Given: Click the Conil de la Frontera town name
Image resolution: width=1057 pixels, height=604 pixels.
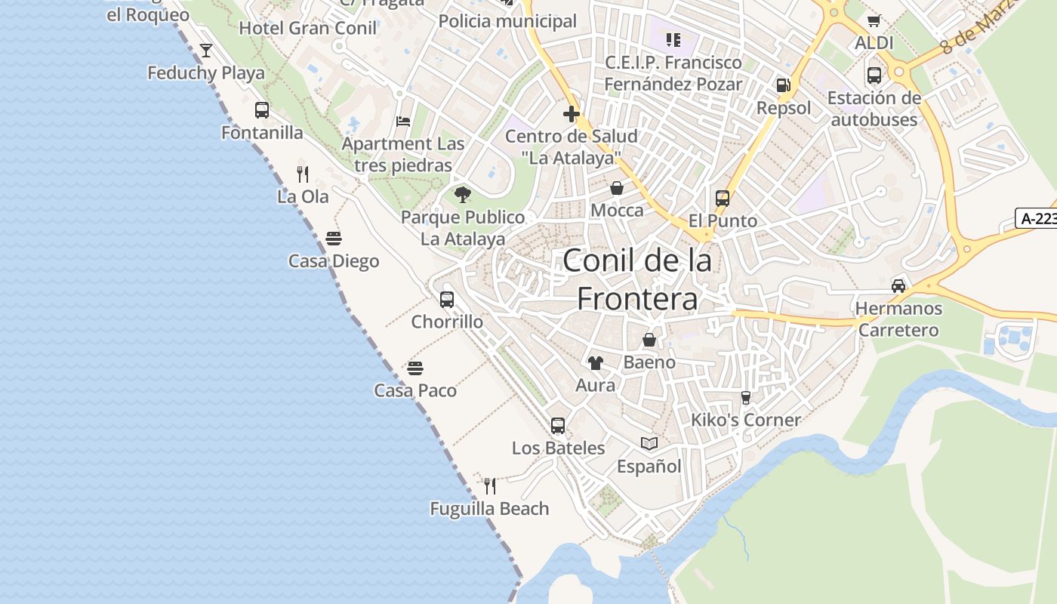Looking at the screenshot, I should pyautogui.click(x=637, y=279).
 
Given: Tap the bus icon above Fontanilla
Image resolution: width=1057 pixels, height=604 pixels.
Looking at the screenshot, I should pyautogui.click(x=262, y=110).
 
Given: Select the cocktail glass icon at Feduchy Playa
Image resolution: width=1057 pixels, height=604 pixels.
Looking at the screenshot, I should pyautogui.click(x=205, y=51).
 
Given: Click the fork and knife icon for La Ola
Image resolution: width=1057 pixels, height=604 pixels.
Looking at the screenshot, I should pyautogui.click(x=303, y=174).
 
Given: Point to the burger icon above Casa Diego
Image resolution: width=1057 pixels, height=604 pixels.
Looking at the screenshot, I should pyautogui.click(x=334, y=239).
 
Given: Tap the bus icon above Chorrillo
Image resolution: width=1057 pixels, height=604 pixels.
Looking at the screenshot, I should pyautogui.click(x=447, y=300).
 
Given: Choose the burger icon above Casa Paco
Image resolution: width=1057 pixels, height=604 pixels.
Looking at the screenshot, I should pyautogui.click(x=415, y=368).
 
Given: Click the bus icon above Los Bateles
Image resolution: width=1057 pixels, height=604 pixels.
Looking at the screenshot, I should pyautogui.click(x=558, y=426).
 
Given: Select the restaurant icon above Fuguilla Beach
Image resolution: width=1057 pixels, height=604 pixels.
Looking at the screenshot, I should pyautogui.click(x=490, y=486).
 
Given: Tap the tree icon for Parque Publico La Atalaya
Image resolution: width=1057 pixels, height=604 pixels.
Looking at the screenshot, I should pyautogui.click(x=463, y=195).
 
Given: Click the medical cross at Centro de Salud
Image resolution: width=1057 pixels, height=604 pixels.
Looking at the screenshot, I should pyautogui.click(x=572, y=115).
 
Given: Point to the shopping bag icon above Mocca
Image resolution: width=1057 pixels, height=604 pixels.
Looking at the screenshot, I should pyautogui.click(x=617, y=188).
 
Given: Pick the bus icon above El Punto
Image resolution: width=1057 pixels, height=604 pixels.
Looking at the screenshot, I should pyautogui.click(x=723, y=199).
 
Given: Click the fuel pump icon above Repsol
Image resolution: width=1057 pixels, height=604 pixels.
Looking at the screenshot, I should pyautogui.click(x=784, y=86).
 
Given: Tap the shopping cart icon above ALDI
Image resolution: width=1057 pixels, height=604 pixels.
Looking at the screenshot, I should pyautogui.click(x=874, y=21).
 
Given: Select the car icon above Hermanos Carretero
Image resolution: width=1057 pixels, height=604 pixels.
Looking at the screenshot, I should pyautogui.click(x=898, y=286).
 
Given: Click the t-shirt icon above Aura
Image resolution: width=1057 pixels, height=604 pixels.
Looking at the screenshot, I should pyautogui.click(x=596, y=363).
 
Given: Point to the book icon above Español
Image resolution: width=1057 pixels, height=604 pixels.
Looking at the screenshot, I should pyautogui.click(x=649, y=444).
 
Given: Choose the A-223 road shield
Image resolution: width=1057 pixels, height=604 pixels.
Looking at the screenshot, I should pyautogui.click(x=1037, y=219).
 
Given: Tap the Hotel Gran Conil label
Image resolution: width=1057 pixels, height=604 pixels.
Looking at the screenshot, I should pyautogui.click(x=307, y=29).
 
